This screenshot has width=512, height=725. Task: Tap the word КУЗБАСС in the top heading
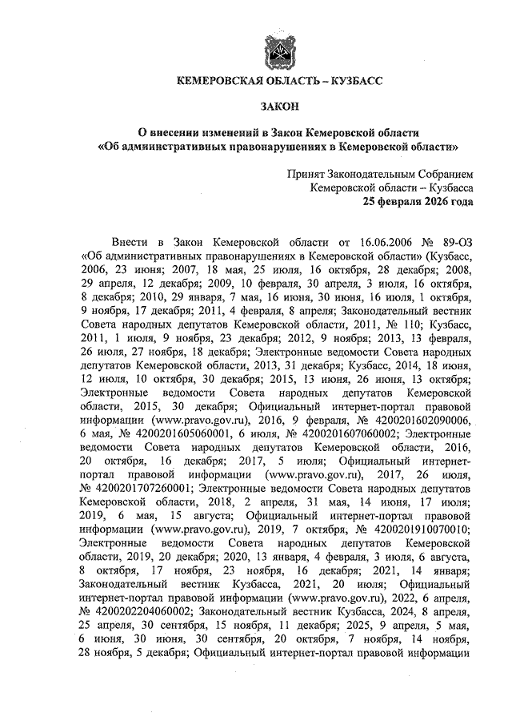tap(351, 81)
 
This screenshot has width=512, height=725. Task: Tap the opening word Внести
tap(133, 240)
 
